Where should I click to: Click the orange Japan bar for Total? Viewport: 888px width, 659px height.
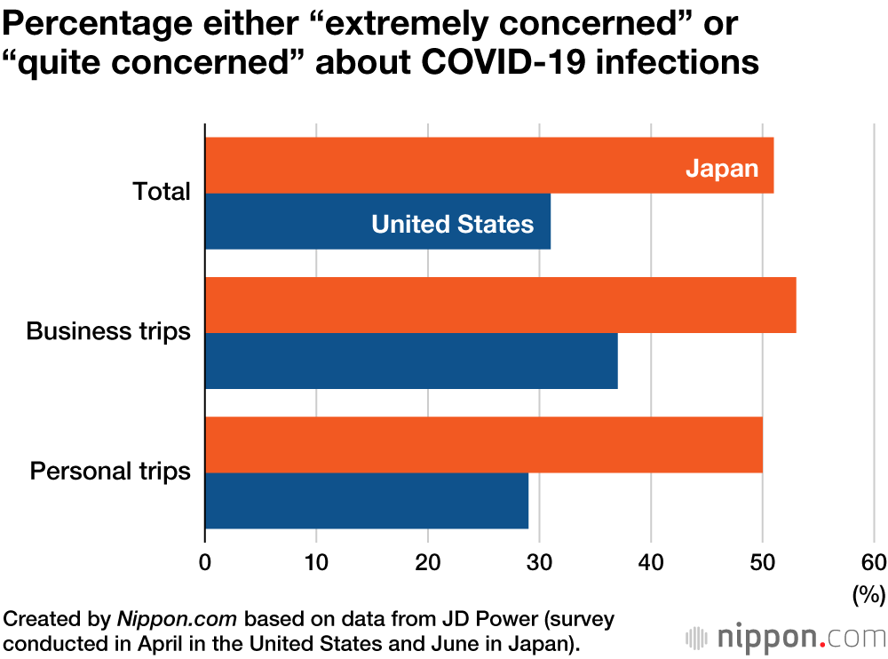click(444, 165)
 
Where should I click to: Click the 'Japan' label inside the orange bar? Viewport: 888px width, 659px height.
click(722, 168)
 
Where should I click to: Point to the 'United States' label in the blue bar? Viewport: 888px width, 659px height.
click(452, 224)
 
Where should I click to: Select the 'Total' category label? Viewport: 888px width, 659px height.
click(161, 192)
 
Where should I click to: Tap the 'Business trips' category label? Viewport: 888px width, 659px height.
click(108, 331)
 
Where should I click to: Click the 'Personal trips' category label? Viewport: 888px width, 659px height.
click(110, 471)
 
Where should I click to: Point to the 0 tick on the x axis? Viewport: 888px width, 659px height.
click(205, 562)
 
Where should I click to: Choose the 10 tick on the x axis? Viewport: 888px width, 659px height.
click(316, 562)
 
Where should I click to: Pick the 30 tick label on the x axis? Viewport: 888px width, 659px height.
click(539, 562)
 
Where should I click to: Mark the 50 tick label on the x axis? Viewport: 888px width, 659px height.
click(762, 562)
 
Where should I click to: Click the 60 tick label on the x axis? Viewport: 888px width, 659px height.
click(873, 562)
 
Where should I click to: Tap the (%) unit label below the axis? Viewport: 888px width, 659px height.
click(868, 593)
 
